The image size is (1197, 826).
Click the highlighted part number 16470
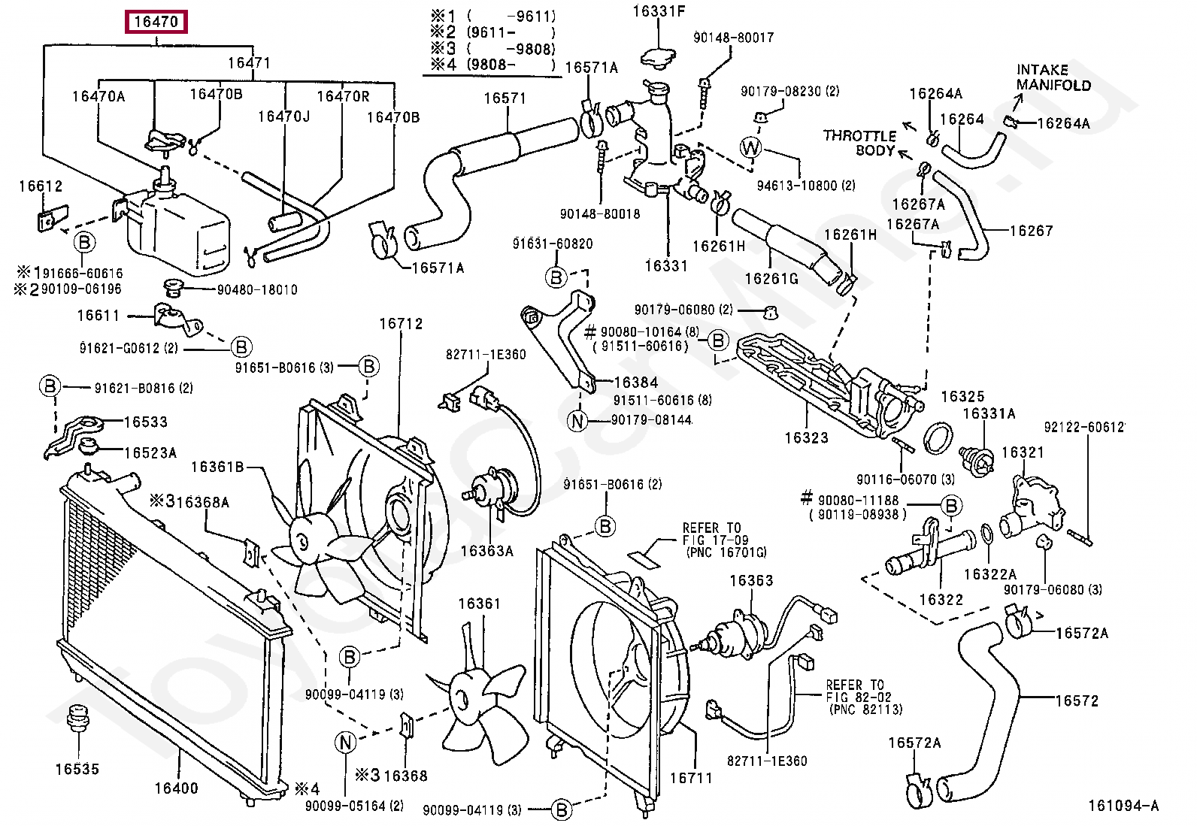(x=156, y=22)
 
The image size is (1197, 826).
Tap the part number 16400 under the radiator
(x=176, y=788)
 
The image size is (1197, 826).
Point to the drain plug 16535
(x=76, y=717)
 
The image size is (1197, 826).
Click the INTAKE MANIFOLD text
(x=1053, y=77)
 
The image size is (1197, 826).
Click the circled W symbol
(x=751, y=148)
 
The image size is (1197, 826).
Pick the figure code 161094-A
(x=1123, y=806)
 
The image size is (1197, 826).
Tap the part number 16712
(x=401, y=324)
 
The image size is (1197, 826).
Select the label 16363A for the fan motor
(x=486, y=551)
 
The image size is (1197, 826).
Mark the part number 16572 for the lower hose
(x=1077, y=700)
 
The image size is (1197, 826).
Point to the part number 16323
(x=806, y=437)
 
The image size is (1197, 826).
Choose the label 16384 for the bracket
(x=635, y=383)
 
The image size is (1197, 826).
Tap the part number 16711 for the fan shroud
(x=690, y=778)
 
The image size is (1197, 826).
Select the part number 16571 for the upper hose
(x=505, y=98)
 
